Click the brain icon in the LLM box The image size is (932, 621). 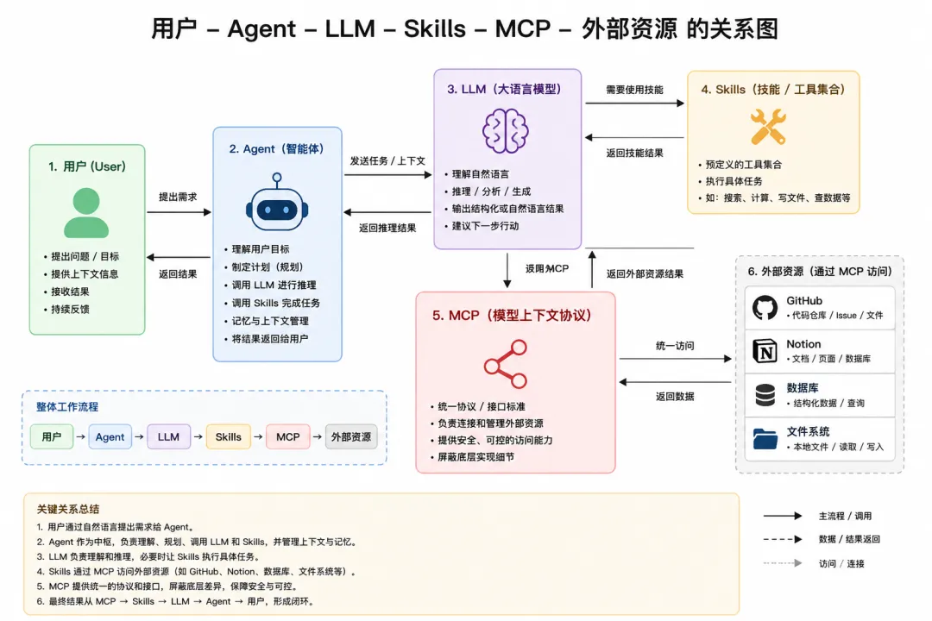[x=505, y=131]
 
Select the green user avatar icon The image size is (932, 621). [x=86, y=213]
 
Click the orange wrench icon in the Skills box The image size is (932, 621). [x=768, y=127]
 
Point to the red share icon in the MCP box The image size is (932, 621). [x=506, y=364]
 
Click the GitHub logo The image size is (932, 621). [x=765, y=308]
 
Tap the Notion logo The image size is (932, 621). [x=765, y=351]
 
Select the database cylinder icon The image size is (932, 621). [x=765, y=395]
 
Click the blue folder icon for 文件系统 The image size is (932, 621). [x=765, y=439]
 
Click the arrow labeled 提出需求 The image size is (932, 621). [x=179, y=212]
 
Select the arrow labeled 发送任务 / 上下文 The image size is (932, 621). [x=388, y=175]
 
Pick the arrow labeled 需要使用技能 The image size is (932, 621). [x=635, y=103]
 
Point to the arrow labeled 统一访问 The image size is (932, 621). [x=675, y=359]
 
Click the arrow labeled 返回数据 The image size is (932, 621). [x=675, y=382]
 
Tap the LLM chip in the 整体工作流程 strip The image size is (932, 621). [x=169, y=436]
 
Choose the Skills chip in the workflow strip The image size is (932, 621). [x=228, y=436]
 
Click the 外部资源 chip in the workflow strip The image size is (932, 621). [x=351, y=436]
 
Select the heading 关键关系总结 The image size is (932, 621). [x=68, y=509]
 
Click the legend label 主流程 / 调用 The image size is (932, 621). [x=845, y=516]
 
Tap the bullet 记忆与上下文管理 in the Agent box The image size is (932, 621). [x=270, y=321]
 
